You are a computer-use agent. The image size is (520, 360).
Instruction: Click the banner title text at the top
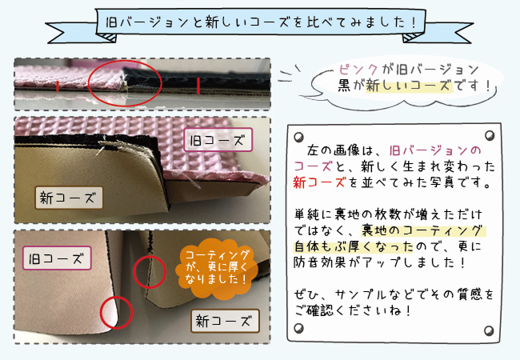[x=261, y=22]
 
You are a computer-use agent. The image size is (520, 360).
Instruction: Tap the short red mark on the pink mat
[x=58, y=86]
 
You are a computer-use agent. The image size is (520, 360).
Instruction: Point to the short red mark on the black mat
[x=198, y=86]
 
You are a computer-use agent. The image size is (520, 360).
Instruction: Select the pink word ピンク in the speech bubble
[x=358, y=70]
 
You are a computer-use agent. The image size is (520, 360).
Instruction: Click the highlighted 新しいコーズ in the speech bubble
[x=410, y=86]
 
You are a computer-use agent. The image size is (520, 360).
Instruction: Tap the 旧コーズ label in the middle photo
[x=218, y=140]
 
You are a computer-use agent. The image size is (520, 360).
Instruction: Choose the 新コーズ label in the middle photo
[x=69, y=198]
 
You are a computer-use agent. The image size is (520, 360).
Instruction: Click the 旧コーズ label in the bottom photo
[x=57, y=258]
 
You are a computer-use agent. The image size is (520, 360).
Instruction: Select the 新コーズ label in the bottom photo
[x=225, y=321]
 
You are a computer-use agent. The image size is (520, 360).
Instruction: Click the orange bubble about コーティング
[x=217, y=269]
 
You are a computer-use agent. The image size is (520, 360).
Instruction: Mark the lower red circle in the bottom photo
[x=101, y=313]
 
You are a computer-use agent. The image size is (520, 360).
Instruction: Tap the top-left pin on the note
[x=299, y=137]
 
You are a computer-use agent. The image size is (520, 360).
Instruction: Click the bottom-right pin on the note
[x=489, y=330]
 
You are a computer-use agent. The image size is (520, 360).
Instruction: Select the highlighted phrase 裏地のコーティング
[x=423, y=230]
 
